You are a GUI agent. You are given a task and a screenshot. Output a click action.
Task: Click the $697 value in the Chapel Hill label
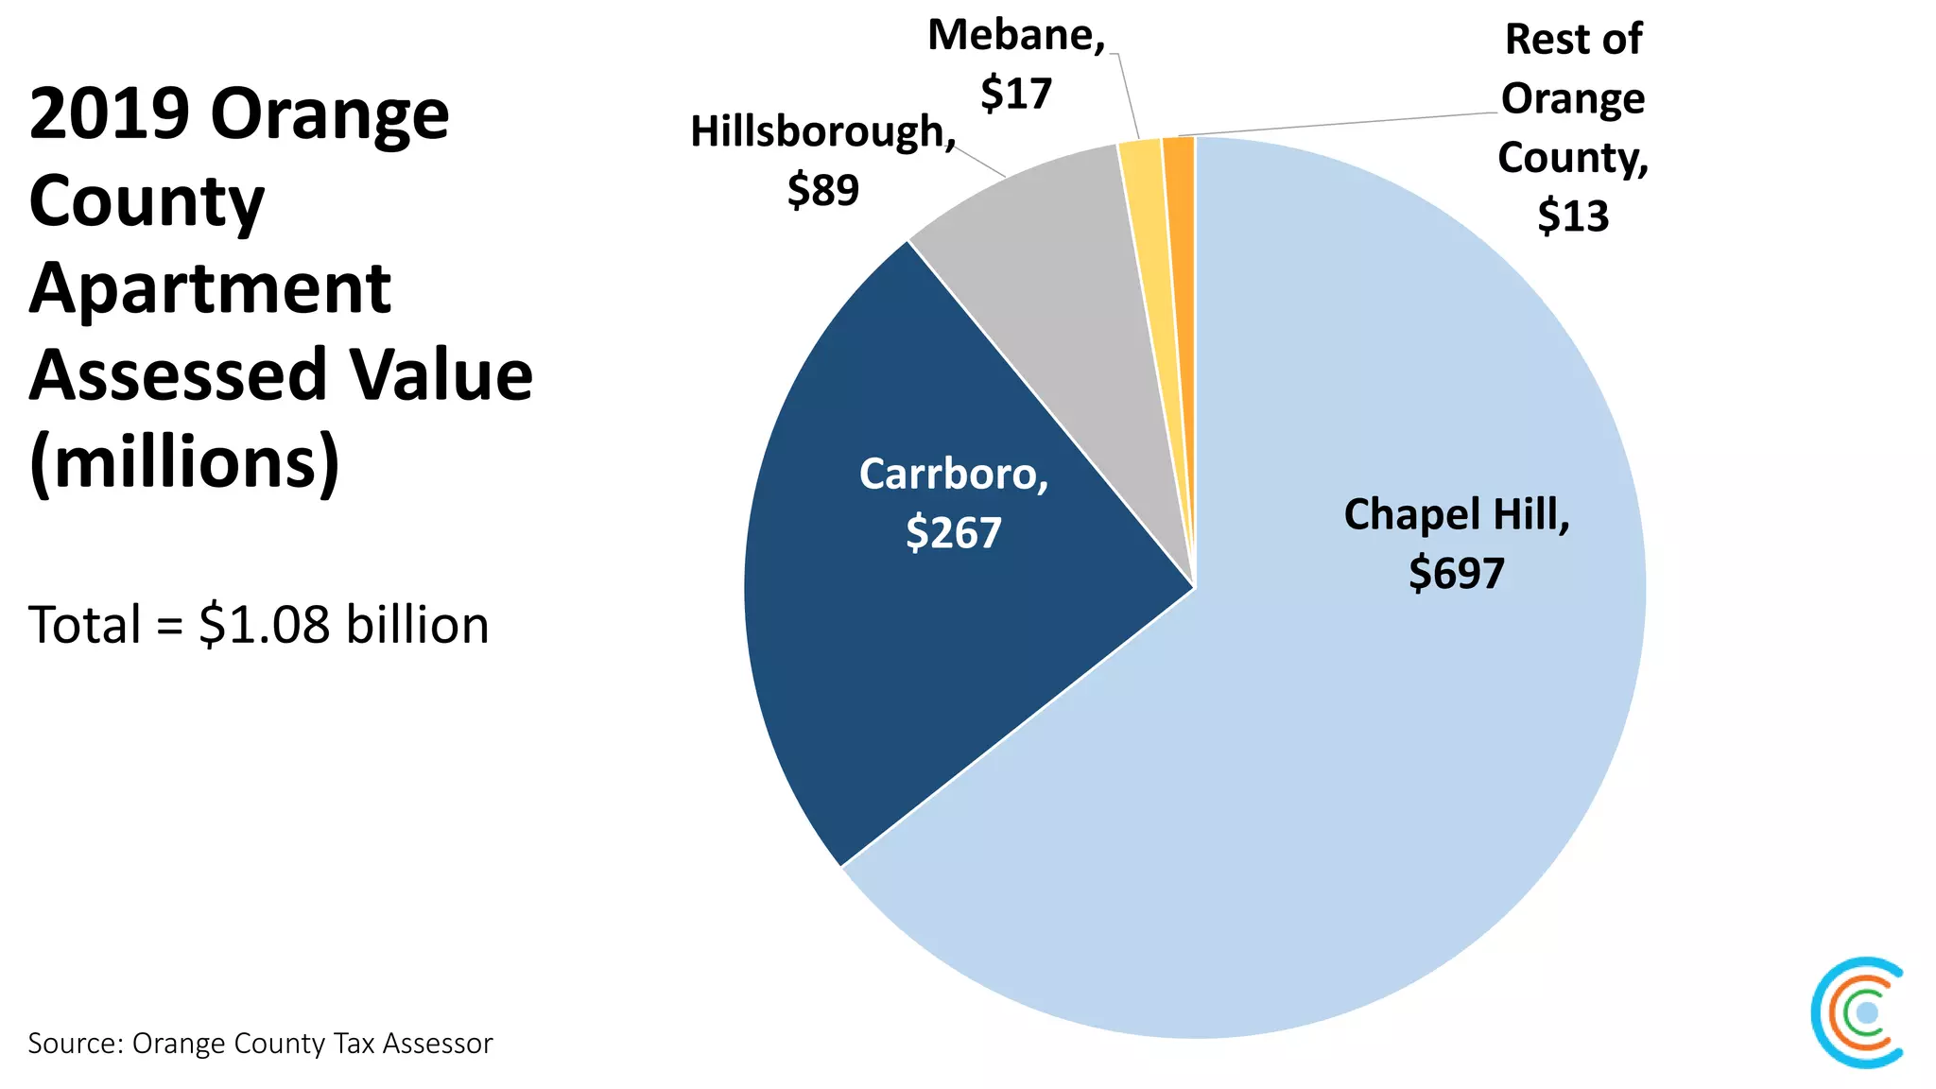tap(1456, 574)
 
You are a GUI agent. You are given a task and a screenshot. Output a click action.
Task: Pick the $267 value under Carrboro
tap(953, 533)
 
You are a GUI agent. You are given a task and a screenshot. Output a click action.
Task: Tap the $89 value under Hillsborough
tap(822, 190)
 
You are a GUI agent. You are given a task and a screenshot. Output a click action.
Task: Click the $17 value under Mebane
tap(1016, 94)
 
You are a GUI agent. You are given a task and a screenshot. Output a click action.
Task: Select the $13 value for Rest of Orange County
tap(1573, 216)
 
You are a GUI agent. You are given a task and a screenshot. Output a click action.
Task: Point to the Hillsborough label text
tap(821, 131)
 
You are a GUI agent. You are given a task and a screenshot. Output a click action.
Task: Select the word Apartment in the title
tap(210, 288)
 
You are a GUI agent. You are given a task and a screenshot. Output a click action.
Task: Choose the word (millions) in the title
tap(184, 463)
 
